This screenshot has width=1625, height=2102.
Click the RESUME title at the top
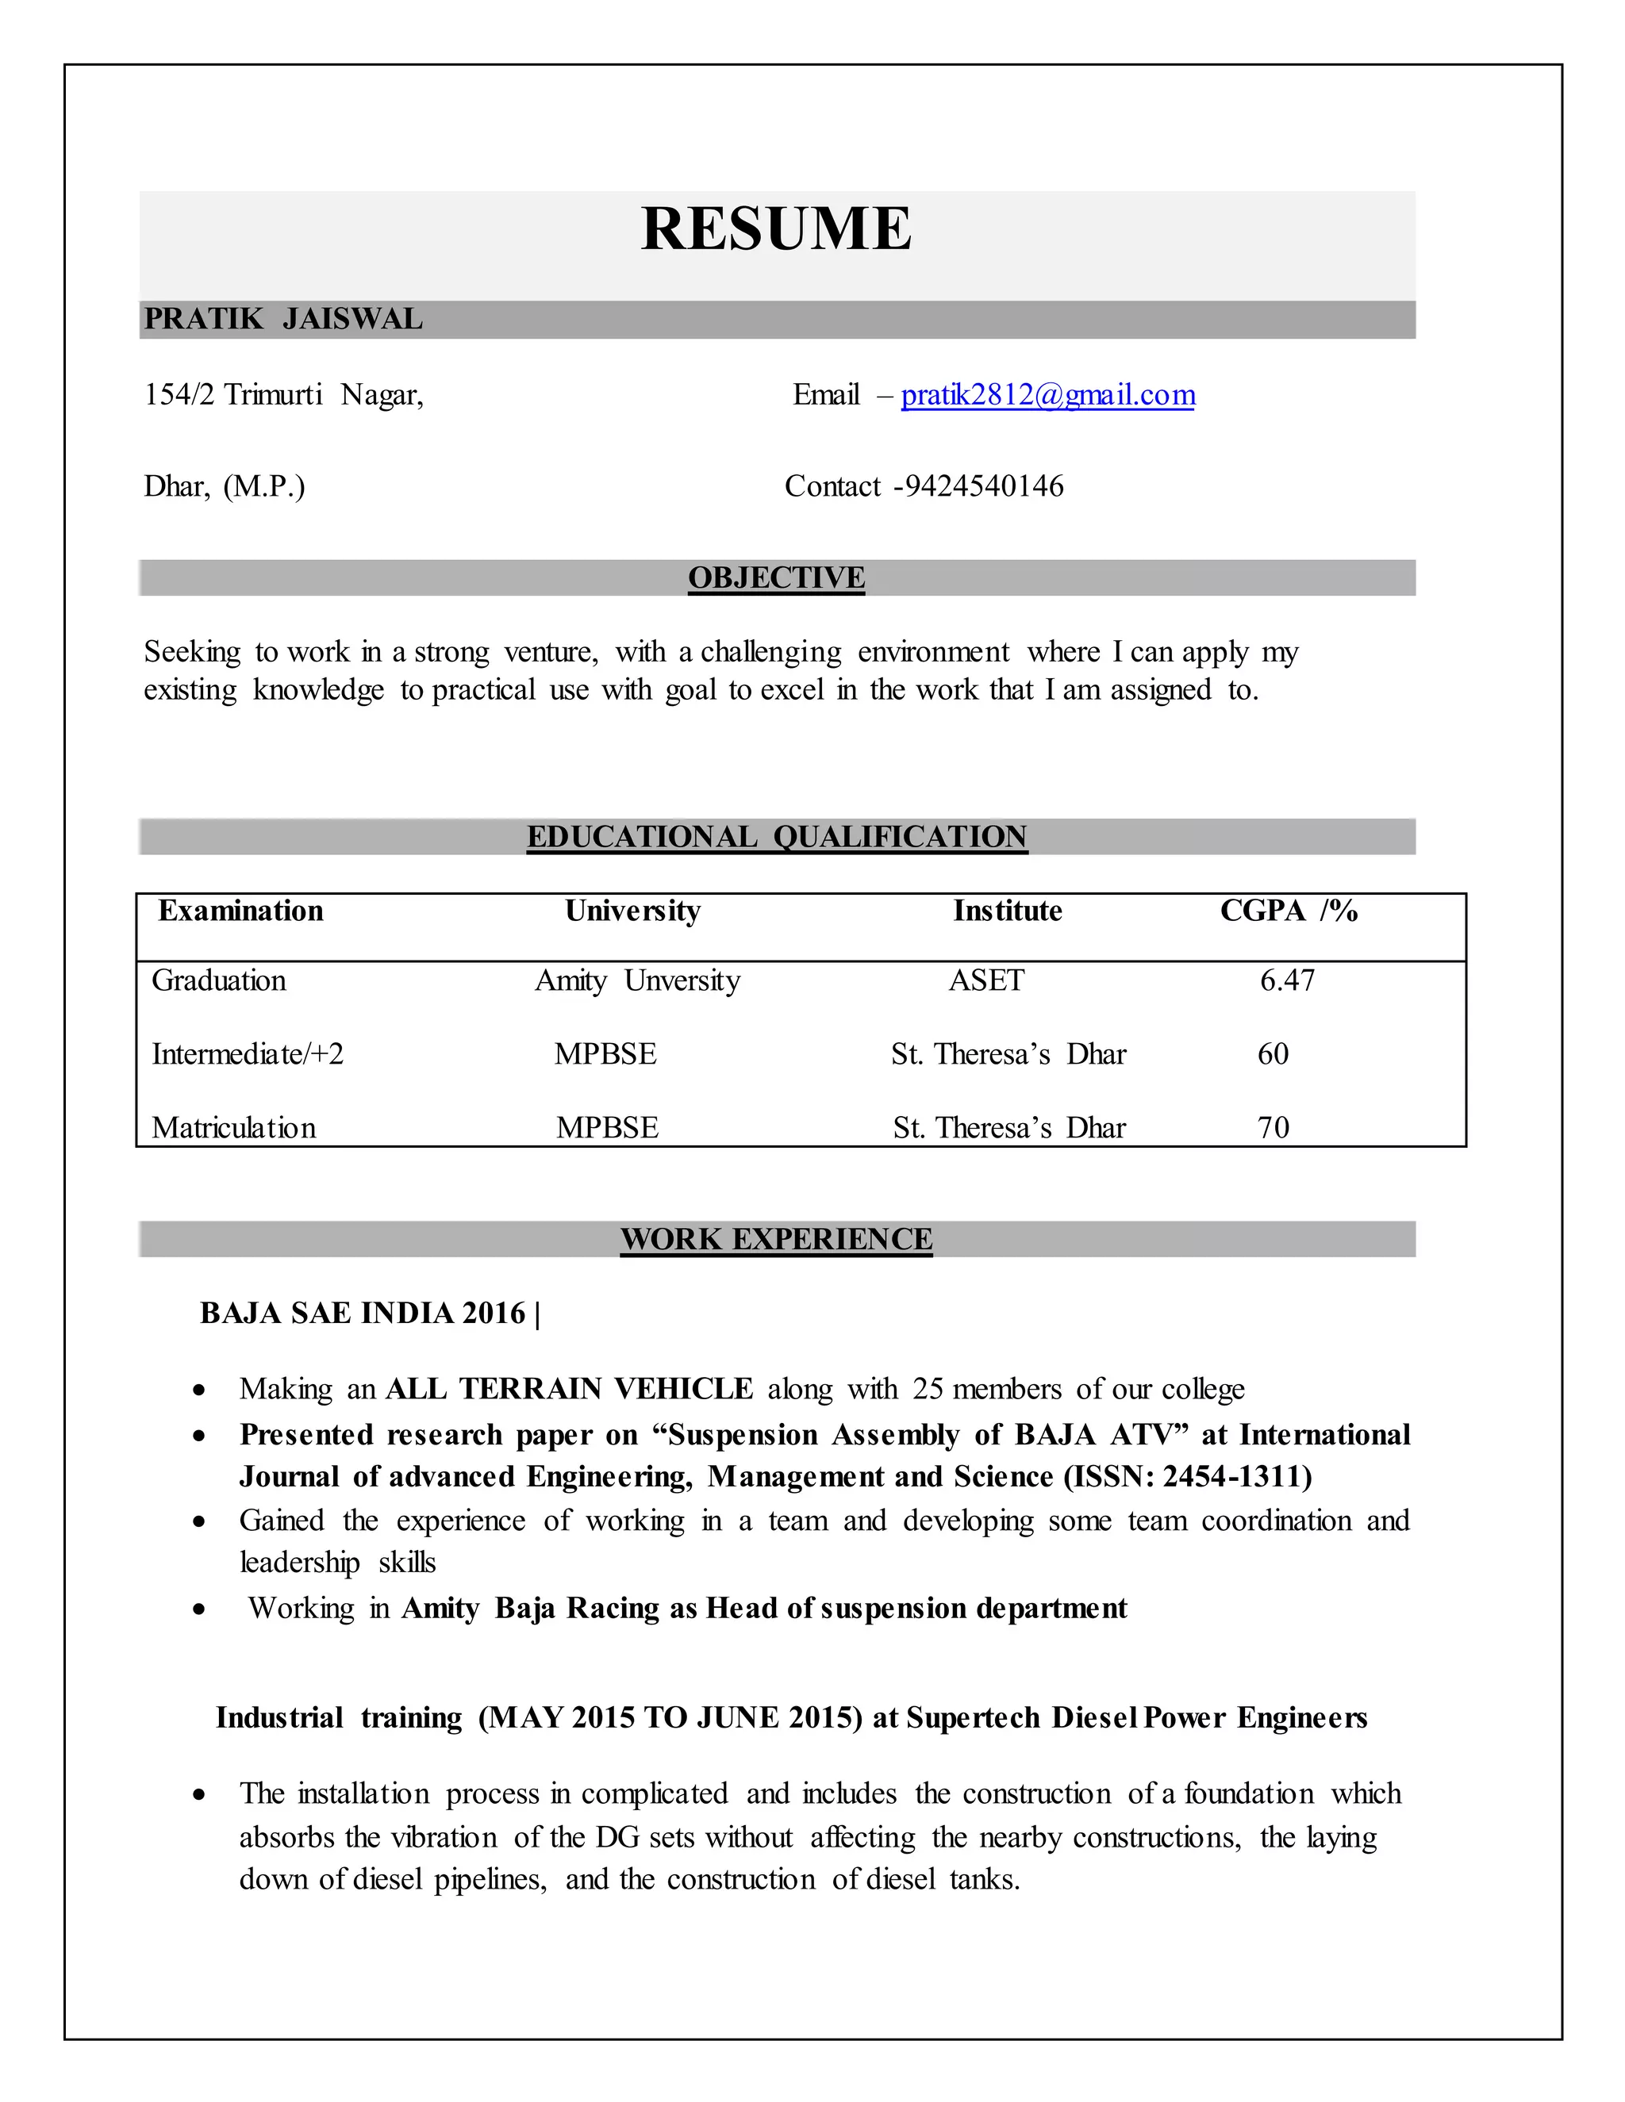pos(776,229)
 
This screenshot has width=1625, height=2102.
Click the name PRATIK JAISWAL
pos(283,320)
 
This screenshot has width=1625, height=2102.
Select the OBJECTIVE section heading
pos(776,577)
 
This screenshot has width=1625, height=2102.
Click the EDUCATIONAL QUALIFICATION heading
pos(776,836)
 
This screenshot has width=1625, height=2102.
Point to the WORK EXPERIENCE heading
pos(776,1239)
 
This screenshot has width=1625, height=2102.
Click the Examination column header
pos(240,911)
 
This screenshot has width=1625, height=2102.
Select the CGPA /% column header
pos(1288,911)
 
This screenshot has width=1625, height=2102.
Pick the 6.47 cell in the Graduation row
pos(1287,980)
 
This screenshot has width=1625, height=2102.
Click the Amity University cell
pos(637,980)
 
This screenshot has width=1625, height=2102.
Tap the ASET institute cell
pos(987,980)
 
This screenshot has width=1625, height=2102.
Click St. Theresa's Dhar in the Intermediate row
pos(1008,1054)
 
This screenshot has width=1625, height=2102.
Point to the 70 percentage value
pos(1273,1127)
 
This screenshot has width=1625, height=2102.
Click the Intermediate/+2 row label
pos(248,1054)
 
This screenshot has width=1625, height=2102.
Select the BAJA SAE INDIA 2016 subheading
pos(363,1314)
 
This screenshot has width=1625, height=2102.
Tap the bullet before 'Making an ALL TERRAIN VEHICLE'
pos(199,1390)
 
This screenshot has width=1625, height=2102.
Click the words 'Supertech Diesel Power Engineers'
pos(1136,1718)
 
